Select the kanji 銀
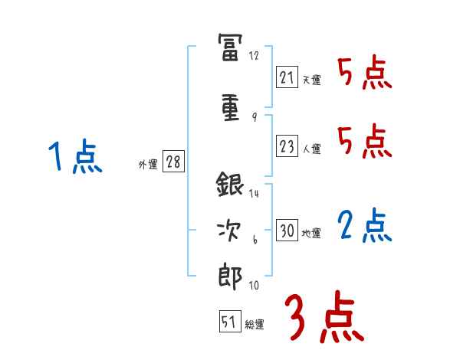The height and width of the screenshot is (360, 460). pyautogui.click(x=231, y=186)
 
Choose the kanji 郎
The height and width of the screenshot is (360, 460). pyautogui.click(x=231, y=274)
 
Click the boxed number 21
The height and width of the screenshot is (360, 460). pyautogui.click(x=287, y=77)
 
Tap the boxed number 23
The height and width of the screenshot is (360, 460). pyautogui.click(x=287, y=147)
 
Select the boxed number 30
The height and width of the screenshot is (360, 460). pyautogui.click(x=287, y=231)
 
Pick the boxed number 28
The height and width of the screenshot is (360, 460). pyautogui.click(x=173, y=162)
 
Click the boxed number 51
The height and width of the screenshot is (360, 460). pyautogui.click(x=228, y=322)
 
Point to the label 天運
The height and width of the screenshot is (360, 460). pyautogui.click(x=311, y=80)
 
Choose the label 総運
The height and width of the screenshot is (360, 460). pyautogui.click(x=254, y=325)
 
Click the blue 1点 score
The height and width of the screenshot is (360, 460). pyautogui.click(x=74, y=158)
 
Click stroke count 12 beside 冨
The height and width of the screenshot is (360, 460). pyautogui.click(x=255, y=55)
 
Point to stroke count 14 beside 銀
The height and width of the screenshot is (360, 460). pyautogui.click(x=255, y=193)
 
